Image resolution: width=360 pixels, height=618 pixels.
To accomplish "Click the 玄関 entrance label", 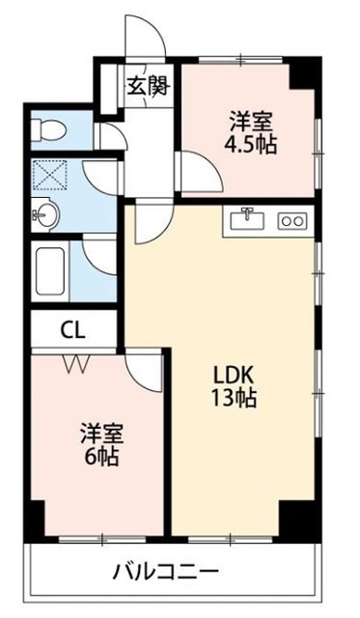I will coord(147,85).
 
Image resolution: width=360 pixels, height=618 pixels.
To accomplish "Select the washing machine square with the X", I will coord(46,176).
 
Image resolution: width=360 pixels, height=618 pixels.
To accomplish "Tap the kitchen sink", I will coord(248,220).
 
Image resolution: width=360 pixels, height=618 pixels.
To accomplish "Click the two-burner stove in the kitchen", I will coord(291,221).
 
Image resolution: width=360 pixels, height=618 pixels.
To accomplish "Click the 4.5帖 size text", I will coord(250,145).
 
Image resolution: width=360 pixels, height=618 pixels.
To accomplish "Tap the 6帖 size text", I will coord(99,456).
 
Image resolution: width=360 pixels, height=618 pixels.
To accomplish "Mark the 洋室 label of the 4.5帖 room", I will coord(250,123).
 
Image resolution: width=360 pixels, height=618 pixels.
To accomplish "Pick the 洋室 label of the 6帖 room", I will coord(99,434).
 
